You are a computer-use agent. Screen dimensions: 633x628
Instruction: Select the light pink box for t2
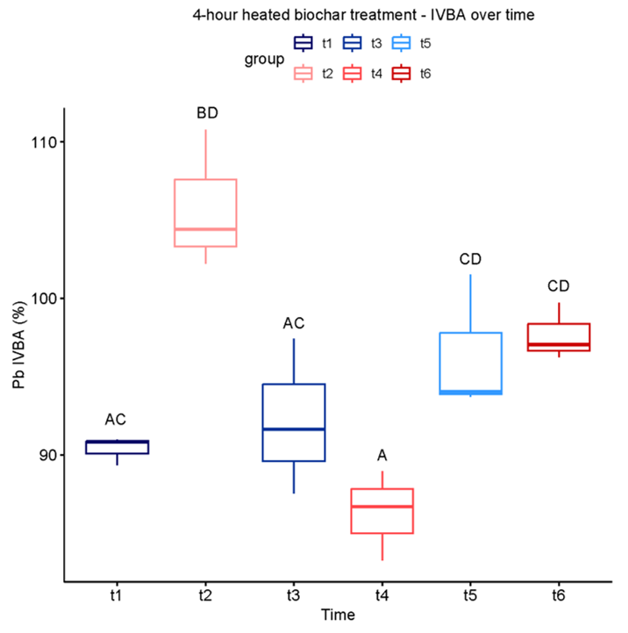pyautogui.click(x=205, y=212)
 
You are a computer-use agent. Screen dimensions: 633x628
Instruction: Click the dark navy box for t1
pyautogui.click(x=117, y=447)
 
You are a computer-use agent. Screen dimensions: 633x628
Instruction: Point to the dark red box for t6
pyautogui.click(x=559, y=337)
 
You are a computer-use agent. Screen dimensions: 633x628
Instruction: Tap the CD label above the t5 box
pyautogui.click(x=471, y=259)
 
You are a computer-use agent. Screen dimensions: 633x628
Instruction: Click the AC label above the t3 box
pyautogui.click(x=294, y=323)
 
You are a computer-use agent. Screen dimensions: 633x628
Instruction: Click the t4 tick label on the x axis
pyautogui.click(x=382, y=594)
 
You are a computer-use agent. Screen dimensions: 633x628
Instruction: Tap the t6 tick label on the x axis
pyautogui.click(x=559, y=594)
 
